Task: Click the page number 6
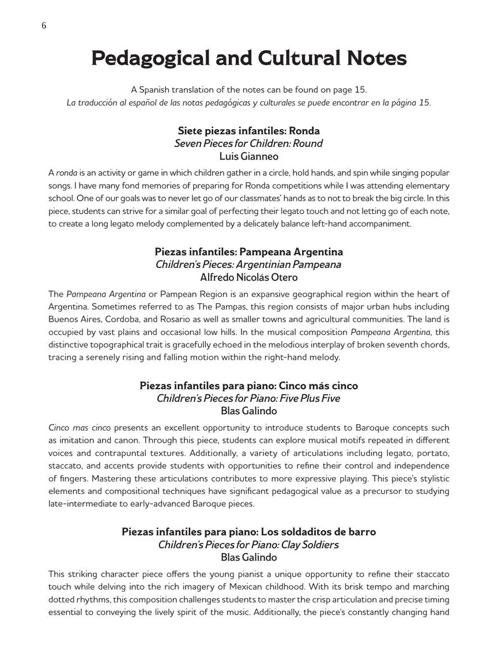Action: tap(44, 26)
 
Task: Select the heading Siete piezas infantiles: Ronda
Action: tap(248, 131)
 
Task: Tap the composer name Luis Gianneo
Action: tap(248, 156)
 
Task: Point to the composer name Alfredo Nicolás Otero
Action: tap(248, 277)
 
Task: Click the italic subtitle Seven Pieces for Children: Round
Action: tap(248, 144)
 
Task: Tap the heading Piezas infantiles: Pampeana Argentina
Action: tap(248, 252)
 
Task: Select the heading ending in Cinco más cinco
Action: tap(248, 386)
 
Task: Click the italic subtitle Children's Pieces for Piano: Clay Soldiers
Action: tap(248, 545)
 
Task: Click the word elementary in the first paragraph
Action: tap(424, 186)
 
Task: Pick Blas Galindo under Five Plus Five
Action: tap(248, 411)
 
